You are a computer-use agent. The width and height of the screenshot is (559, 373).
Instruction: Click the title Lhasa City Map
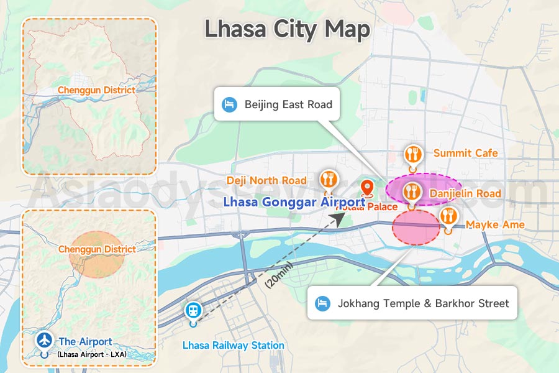(x=287, y=29)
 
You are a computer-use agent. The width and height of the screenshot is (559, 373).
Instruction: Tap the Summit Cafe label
(x=465, y=153)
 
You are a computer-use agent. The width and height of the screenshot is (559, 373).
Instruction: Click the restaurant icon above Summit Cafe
(x=412, y=154)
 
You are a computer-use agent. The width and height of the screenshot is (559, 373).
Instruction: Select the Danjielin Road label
(x=465, y=193)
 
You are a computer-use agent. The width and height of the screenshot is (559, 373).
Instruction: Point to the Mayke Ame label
(x=495, y=224)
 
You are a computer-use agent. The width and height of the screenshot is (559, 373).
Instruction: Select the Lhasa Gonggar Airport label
(x=294, y=202)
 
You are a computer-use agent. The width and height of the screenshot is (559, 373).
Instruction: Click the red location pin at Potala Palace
(x=366, y=188)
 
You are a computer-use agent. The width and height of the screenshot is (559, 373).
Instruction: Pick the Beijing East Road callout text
(x=288, y=104)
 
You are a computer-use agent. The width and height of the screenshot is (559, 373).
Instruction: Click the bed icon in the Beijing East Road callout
(x=230, y=104)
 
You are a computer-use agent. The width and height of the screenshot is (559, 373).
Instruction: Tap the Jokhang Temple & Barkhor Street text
(x=423, y=303)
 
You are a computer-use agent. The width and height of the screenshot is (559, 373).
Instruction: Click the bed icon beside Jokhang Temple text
(x=322, y=303)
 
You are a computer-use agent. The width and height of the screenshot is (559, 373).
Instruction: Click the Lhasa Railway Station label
(x=233, y=345)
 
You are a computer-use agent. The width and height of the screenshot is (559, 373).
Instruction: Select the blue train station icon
(x=193, y=310)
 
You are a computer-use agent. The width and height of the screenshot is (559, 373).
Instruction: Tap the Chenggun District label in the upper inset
(x=96, y=90)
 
